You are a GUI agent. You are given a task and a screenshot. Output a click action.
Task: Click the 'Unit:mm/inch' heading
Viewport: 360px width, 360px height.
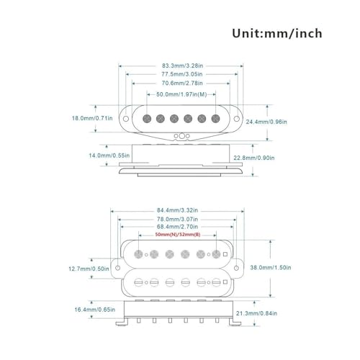click(x=277, y=33)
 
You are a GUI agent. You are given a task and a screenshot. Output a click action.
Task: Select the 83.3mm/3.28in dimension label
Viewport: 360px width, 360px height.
click(x=182, y=66)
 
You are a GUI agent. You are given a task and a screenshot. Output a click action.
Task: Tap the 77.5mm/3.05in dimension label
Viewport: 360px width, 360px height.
click(x=182, y=74)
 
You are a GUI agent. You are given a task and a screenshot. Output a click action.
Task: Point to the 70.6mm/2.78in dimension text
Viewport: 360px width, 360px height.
click(x=182, y=83)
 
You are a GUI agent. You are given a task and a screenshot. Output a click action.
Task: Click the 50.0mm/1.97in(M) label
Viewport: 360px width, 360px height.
click(x=181, y=94)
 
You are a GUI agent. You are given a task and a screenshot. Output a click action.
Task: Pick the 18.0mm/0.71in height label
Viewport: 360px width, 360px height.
click(x=92, y=118)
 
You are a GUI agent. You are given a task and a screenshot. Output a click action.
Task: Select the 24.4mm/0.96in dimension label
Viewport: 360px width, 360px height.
click(x=266, y=122)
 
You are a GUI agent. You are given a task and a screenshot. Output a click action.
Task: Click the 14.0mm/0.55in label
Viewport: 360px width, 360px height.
click(x=109, y=156)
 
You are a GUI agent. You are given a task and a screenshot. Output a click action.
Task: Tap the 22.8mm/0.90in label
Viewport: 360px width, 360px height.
click(x=254, y=158)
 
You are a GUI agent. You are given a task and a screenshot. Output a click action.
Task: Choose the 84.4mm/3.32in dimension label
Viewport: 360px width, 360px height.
click(x=177, y=210)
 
